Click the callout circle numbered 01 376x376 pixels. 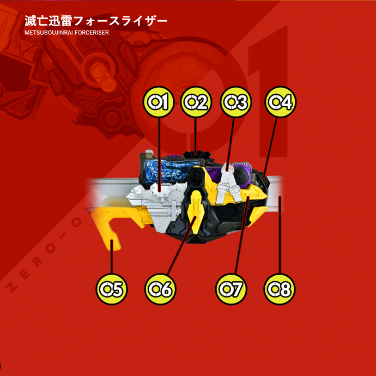tap(159, 102)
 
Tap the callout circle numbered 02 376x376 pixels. tap(196, 102)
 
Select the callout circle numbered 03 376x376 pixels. tap(236, 102)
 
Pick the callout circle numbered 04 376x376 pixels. tap(280, 102)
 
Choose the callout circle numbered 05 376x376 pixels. tap(112, 289)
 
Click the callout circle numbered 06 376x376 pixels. tap(160, 289)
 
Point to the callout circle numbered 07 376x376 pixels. tap(231, 289)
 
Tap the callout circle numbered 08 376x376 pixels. tap(280, 289)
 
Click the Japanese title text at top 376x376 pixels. tap(96, 21)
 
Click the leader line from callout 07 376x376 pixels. tap(242, 235)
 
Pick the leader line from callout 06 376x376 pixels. tap(182, 246)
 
